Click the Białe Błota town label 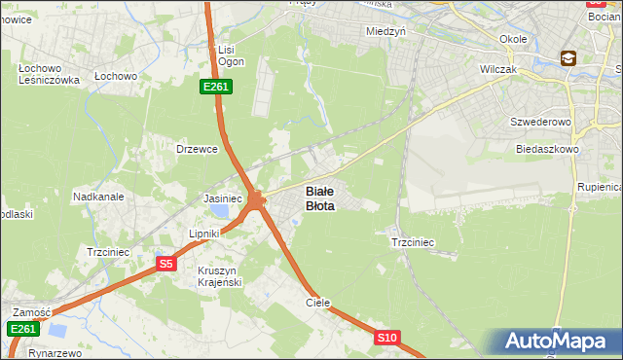tap(320, 198)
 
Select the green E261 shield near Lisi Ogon tap(215, 88)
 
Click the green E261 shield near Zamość tap(23, 330)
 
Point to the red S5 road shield tap(166, 264)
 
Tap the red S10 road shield tap(387, 338)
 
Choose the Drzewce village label tap(196, 149)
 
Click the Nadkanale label tap(98, 196)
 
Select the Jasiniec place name tap(222, 198)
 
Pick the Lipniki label tap(205, 234)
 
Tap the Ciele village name tap(318, 303)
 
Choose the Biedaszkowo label tap(548, 150)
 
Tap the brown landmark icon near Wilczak tap(568, 58)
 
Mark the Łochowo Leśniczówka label tap(48, 75)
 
